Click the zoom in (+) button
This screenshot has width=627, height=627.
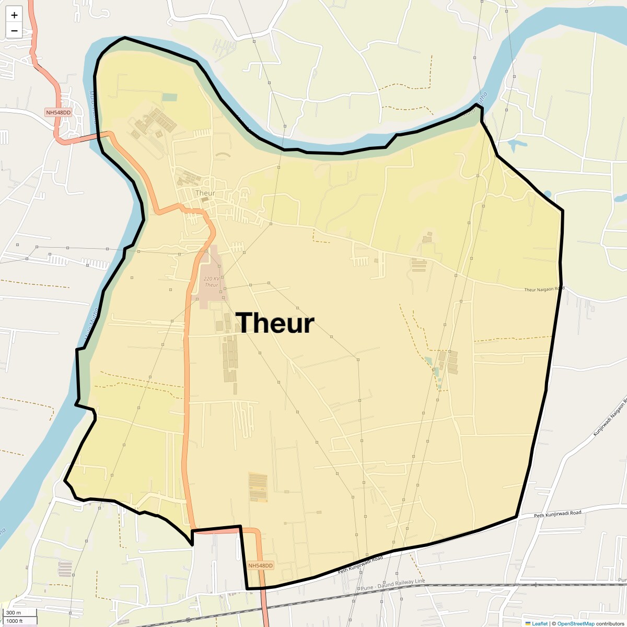point(14,15)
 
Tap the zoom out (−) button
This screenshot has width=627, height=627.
point(14,31)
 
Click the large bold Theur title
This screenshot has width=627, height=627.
point(275,323)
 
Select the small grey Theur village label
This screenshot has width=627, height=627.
point(205,193)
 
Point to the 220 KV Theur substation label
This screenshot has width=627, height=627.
point(212,282)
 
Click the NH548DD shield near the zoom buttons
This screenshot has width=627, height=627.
point(58,113)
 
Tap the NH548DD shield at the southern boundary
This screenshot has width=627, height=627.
point(260,566)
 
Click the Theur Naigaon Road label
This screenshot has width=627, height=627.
point(544,289)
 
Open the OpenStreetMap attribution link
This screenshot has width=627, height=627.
point(576,623)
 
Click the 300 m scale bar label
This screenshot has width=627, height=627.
point(14,613)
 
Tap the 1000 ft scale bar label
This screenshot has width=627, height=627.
point(15,621)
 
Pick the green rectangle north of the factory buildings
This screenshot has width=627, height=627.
point(169,97)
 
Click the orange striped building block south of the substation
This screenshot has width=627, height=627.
point(258,487)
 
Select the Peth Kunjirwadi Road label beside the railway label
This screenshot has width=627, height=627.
point(360,565)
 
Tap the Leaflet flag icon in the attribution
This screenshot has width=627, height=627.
point(528,623)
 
